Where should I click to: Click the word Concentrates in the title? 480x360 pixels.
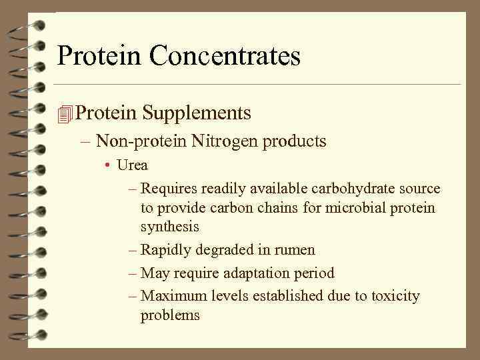pos(225,55)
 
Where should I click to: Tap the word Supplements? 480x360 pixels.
pos(197,113)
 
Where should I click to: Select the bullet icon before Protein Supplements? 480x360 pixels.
pos(64,114)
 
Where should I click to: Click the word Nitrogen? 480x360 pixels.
pos(225,141)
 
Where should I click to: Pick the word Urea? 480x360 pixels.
pos(132,165)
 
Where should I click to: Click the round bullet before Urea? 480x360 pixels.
pos(107,165)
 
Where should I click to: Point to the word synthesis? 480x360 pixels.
pos(169,227)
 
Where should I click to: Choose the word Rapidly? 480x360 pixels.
pos(169,251)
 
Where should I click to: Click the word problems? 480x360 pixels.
pos(170,315)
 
